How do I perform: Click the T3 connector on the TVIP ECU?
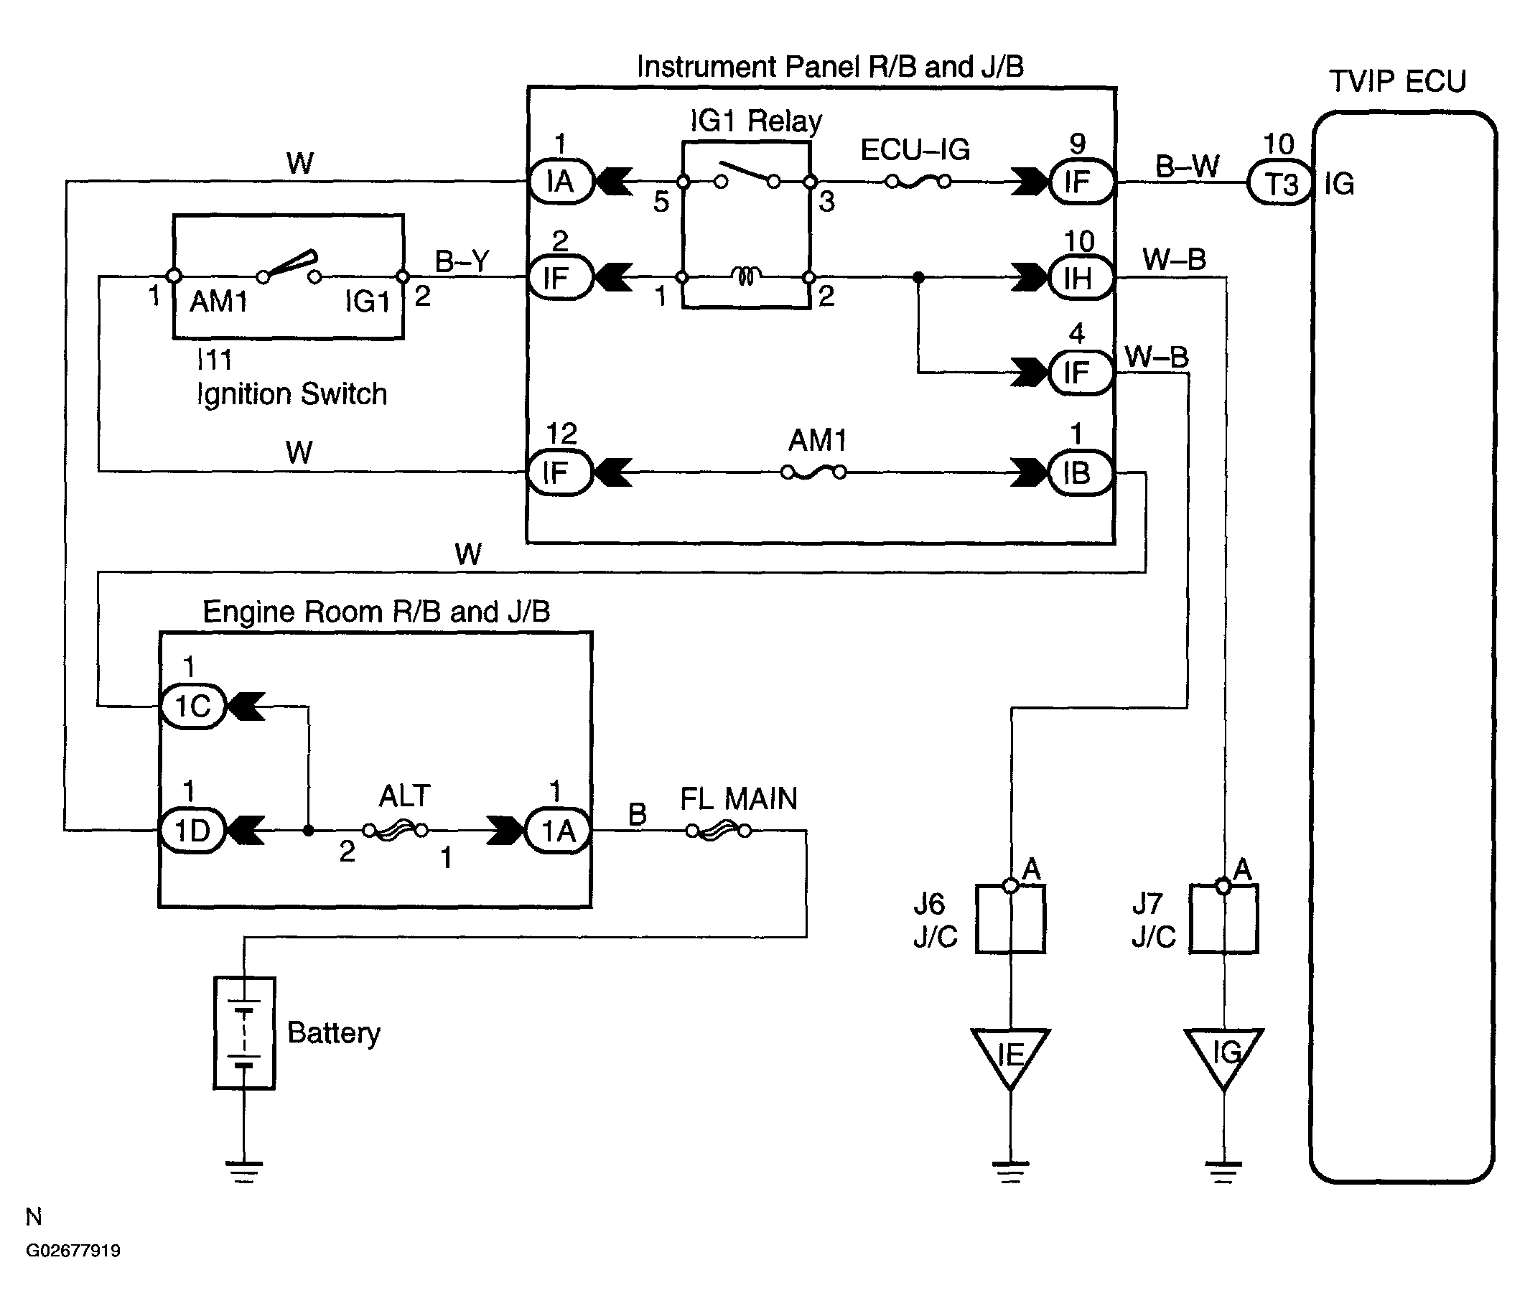coord(1281,183)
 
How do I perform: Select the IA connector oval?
coord(561,181)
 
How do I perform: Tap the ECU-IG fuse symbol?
coord(918,181)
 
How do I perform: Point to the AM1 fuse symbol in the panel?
coord(813,472)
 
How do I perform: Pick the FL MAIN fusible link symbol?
coord(718,831)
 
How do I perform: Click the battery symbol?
coord(244,1032)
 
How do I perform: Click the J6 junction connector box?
coord(1010,920)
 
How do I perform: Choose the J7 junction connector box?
coord(1224,920)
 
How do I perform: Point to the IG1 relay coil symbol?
coord(745,276)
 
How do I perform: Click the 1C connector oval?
coord(193,706)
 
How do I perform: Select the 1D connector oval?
coord(193,831)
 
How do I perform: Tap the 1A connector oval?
coord(558,831)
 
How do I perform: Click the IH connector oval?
coord(1079,278)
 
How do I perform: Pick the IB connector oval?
coord(1079,472)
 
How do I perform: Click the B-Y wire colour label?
coord(462,261)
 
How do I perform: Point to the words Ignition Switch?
coord(292,395)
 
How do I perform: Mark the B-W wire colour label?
coord(1187,167)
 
